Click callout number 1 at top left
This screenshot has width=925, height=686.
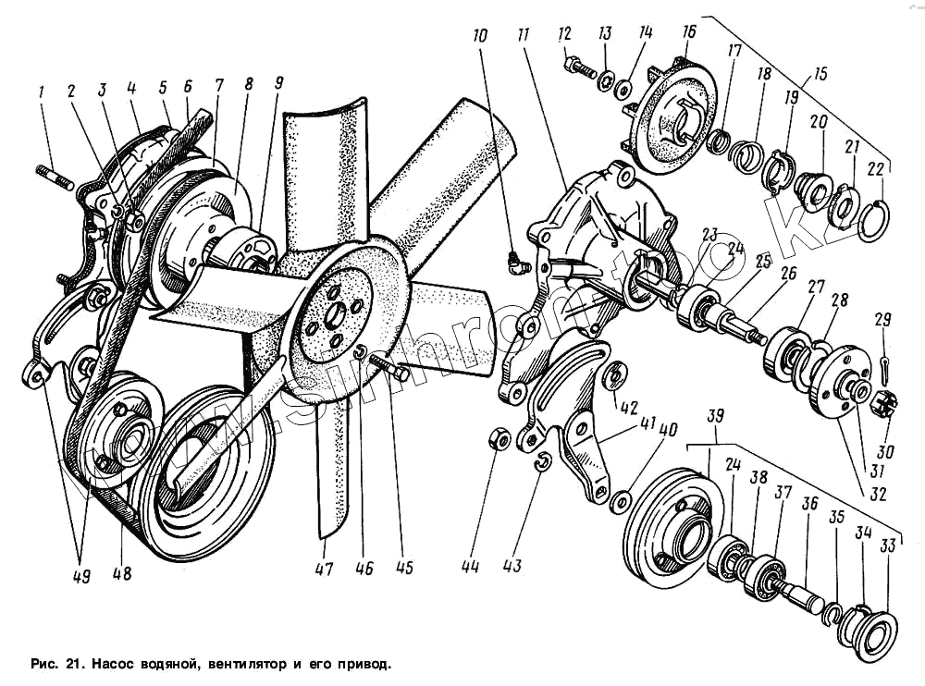click(x=40, y=92)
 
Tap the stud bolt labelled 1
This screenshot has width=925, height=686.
click(x=55, y=177)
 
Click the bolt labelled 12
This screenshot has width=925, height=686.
click(x=576, y=67)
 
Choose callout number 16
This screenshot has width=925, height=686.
click(x=688, y=33)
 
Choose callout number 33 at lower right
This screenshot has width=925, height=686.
click(x=888, y=547)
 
